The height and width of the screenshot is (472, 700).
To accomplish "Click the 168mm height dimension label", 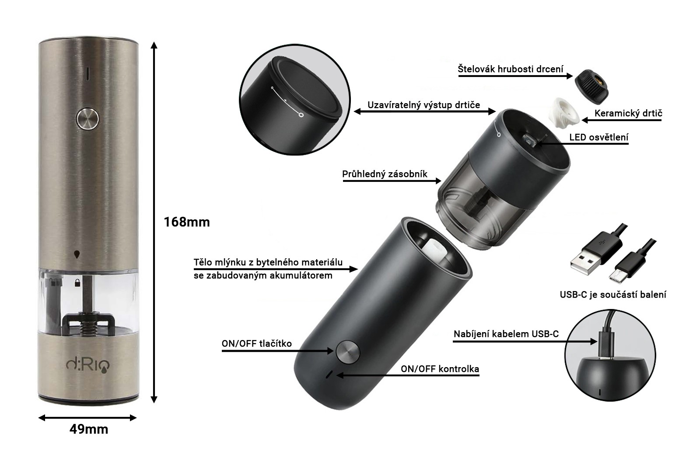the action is (187, 222).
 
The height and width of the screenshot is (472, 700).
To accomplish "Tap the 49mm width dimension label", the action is (89, 429).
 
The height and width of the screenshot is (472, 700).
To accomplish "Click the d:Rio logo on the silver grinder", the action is (88, 365).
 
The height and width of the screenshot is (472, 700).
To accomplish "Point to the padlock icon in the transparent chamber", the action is (77, 283).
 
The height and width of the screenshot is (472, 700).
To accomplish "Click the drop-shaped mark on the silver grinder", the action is (77, 254).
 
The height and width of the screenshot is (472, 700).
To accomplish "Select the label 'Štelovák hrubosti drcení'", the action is (511, 69).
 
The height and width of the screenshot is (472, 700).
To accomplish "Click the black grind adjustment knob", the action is (591, 87).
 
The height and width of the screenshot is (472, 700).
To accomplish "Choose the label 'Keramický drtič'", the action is (628, 113).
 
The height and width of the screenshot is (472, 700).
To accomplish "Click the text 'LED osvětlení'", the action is (599, 137).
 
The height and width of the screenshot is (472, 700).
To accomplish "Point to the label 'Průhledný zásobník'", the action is (385, 174).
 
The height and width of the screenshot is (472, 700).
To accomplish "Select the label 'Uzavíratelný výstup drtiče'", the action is (424, 105).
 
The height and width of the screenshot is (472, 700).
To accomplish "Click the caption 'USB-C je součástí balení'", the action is (613, 295).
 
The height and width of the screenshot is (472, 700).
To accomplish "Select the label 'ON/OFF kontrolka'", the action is (440, 369).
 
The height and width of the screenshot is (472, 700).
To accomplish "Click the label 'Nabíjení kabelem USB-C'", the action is (506, 334).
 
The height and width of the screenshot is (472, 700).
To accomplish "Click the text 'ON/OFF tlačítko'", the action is (256, 344).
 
